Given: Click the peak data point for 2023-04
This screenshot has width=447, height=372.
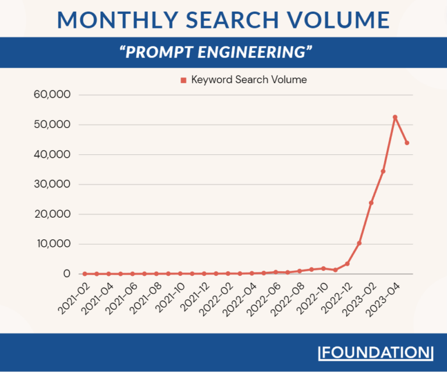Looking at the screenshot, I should tap(395, 117).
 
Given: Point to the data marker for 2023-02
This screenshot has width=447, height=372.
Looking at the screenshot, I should tap(371, 203).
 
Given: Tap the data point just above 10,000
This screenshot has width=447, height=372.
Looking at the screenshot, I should tap(359, 243).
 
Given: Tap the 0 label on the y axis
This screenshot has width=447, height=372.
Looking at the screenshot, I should tap(66, 274).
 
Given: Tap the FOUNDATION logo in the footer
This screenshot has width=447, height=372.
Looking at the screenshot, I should tap(377, 353).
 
